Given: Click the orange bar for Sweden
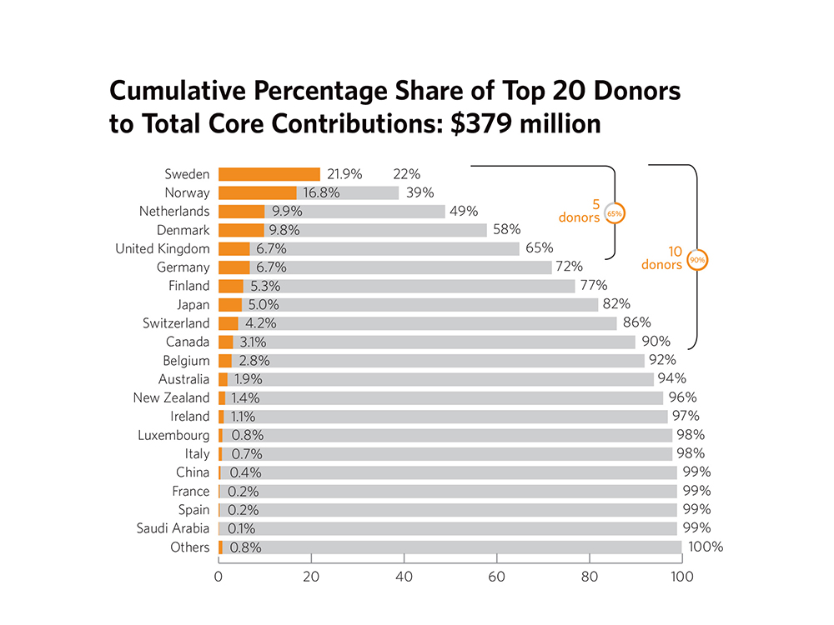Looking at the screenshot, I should (269, 174).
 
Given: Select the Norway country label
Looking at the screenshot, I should (188, 192).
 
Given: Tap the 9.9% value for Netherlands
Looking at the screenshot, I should (288, 212).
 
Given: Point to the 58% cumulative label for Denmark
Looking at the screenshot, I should (506, 230).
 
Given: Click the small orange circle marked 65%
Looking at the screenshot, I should (614, 213).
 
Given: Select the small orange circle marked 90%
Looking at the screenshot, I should (697, 259).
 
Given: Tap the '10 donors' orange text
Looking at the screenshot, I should (662, 257).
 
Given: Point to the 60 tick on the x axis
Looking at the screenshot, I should (497, 577).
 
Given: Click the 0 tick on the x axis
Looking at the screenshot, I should (219, 577).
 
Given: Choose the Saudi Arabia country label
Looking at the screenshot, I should (173, 528).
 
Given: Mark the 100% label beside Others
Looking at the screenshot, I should (705, 547).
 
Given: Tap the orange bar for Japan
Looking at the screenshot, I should (230, 305).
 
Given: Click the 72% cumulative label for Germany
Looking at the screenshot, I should (571, 267).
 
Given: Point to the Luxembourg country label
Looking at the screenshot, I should (174, 435).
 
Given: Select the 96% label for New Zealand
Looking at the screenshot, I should (682, 397).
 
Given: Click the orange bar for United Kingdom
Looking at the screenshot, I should (234, 248).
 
